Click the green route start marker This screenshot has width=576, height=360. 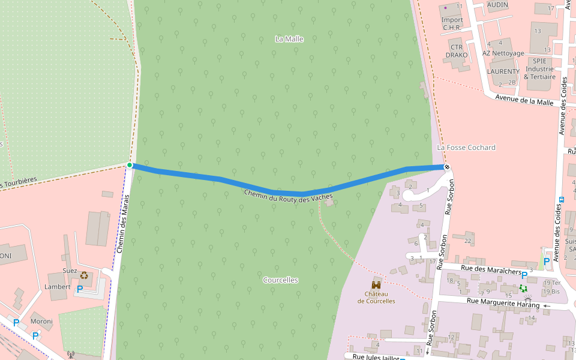pos(130,165)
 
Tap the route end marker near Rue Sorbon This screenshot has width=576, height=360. pos(446,167)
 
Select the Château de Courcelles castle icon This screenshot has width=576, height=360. pos(376,284)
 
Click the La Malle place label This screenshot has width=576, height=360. pos(289,39)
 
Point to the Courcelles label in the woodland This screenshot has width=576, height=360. pos(280,280)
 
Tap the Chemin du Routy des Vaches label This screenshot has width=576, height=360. pos(288,196)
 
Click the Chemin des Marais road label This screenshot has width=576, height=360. pos(123,223)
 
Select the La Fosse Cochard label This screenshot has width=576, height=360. pos(466,148)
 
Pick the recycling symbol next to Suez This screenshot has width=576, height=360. pos(84,275)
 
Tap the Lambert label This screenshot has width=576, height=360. pos(58,287)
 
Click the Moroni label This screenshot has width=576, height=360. pos(41,322)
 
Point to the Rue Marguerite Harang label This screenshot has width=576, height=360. pos(503,304)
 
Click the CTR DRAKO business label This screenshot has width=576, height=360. pos(457,51)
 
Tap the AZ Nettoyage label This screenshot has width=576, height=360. pos(503,53)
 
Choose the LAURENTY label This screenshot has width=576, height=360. pos(503,71)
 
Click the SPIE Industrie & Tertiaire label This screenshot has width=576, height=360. pos(539,68)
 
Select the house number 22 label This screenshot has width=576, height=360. pos(468,241)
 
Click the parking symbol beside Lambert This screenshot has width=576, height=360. pos(79,289)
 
